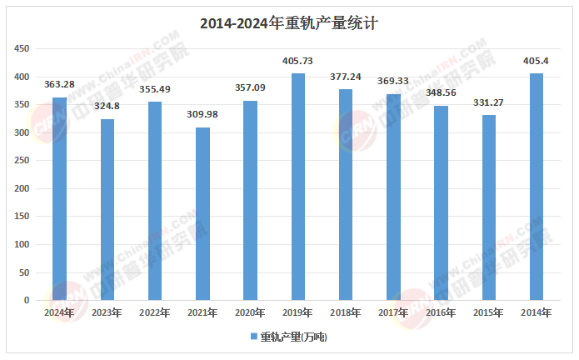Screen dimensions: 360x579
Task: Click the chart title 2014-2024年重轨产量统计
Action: (289, 23)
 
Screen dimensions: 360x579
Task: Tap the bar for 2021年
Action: (202, 214)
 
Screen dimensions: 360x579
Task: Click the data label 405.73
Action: (297, 62)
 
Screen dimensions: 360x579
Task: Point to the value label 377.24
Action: (346, 77)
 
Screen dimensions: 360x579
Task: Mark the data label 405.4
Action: (537, 62)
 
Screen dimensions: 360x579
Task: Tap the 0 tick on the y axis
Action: (27, 300)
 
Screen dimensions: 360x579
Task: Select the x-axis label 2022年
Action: (155, 313)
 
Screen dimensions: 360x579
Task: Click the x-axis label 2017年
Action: (393, 313)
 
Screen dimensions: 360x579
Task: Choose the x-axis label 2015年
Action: (488, 313)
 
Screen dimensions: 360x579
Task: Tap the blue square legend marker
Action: (254, 337)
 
